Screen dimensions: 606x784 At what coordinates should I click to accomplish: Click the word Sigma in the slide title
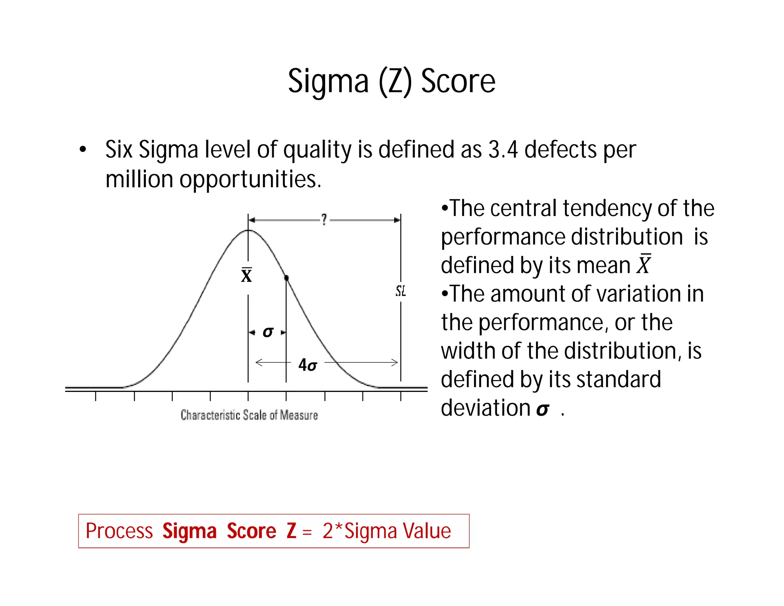(328, 82)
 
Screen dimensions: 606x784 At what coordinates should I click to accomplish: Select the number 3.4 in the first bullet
(503, 149)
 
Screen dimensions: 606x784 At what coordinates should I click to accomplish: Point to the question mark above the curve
(324, 219)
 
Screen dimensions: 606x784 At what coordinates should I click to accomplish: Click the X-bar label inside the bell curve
(247, 275)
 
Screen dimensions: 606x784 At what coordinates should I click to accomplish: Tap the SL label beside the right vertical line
(400, 291)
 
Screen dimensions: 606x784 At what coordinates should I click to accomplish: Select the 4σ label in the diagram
(307, 365)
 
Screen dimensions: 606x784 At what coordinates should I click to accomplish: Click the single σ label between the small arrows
(268, 332)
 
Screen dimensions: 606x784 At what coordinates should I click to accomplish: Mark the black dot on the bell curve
(286, 278)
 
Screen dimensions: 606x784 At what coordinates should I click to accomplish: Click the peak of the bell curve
(248, 230)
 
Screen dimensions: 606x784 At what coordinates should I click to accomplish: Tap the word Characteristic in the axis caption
(210, 415)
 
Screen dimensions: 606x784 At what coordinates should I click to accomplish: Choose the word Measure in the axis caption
(299, 415)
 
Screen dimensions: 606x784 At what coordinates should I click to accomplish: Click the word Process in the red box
(119, 531)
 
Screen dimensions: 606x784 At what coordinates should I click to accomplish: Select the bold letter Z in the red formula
(291, 531)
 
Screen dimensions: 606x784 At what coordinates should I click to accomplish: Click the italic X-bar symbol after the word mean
(644, 264)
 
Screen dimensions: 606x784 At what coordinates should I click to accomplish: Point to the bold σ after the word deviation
(542, 409)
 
